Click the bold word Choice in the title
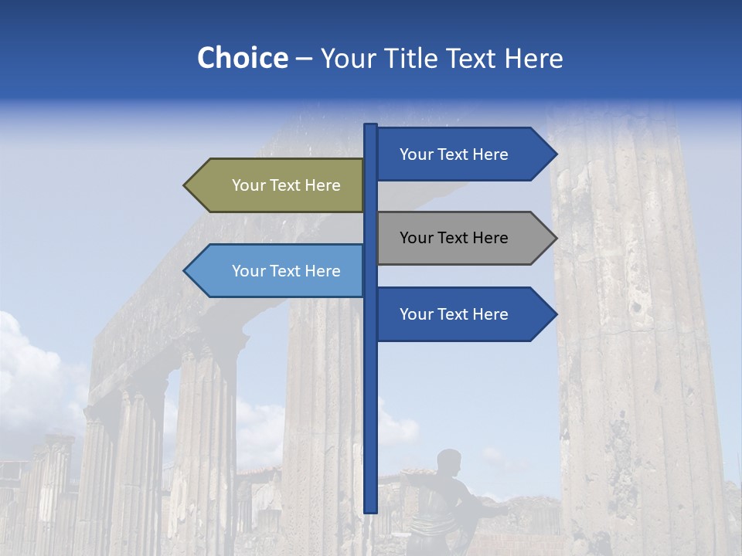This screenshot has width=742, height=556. (242, 58)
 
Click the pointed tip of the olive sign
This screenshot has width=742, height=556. (186, 185)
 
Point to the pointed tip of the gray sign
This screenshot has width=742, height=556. (554, 238)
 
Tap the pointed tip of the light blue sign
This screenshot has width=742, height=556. (186, 271)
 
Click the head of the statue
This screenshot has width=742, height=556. (448, 463)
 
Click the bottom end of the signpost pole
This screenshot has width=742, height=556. (371, 510)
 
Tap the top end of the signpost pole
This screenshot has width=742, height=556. (371, 127)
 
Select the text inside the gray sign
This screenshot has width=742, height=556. (454, 238)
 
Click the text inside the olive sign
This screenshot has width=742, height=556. (286, 185)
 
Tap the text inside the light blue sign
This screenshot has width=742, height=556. (286, 271)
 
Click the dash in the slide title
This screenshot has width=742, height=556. (304, 59)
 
